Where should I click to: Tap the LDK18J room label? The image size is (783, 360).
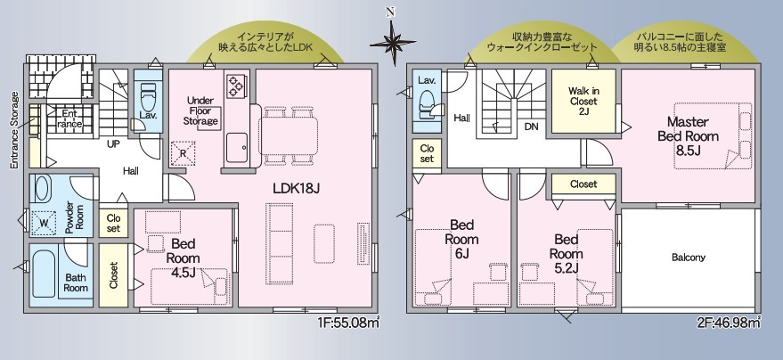(x=296, y=189)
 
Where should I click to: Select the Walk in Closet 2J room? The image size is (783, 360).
(x=583, y=101)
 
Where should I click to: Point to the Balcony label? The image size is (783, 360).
(x=688, y=258)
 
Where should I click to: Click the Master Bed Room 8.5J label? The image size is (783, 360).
(x=688, y=136)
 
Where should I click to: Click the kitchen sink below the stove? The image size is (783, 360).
(x=237, y=148)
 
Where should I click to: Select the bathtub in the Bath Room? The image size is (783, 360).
(x=44, y=270)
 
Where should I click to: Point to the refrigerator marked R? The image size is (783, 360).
(x=183, y=153)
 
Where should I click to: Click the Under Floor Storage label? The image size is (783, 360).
(x=200, y=110)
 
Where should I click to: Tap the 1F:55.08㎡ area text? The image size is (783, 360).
(x=348, y=323)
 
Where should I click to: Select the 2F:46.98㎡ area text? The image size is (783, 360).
(x=729, y=323)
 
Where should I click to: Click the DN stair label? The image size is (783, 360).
(x=531, y=127)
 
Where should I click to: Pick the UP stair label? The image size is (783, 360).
(x=113, y=144)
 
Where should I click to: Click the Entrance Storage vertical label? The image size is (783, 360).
(x=14, y=129)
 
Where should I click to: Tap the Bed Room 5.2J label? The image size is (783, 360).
(x=567, y=254)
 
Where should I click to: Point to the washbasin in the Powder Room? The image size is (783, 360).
(x=41, y=190)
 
